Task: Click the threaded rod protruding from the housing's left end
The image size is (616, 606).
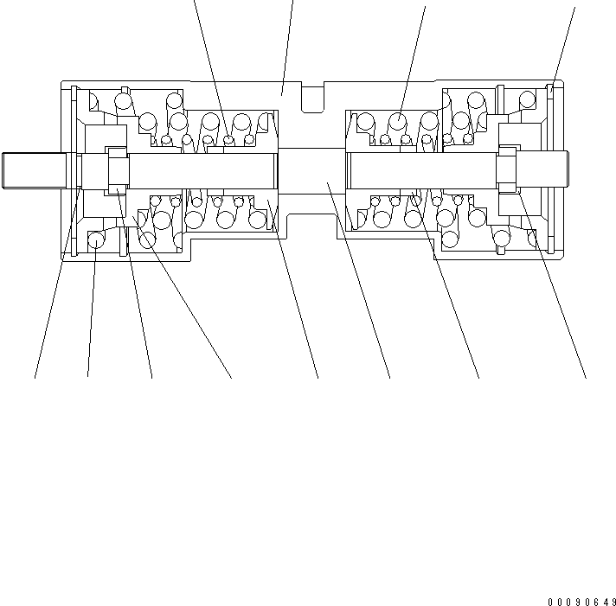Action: pyautogui.click(x=35, y=169)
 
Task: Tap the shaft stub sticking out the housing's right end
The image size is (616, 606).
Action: pyautogui.click(x=555, y=169)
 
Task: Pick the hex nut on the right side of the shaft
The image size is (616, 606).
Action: pyautogui.click(x=506, y=169)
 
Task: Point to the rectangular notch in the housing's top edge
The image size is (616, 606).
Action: pyautogui.click(x=311, y=98)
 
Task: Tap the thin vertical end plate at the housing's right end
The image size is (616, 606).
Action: pyautogui.click(x=549, y=169)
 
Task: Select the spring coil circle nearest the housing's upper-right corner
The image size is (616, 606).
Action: pyautogui.click(x=526, y=101)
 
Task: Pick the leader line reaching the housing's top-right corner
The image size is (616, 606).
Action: pyautogui.click(x=563, y=43)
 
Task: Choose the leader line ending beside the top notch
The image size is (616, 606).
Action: pyautogui.click(x=288, y=43)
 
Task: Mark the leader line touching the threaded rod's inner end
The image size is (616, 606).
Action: pyautogui.click(x=56, y=277)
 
